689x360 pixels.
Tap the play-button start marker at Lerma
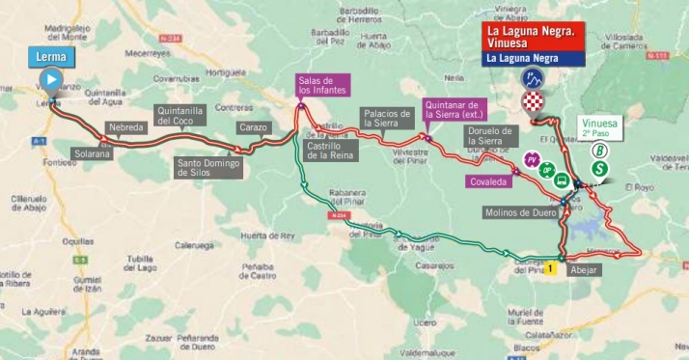(x=52, y=80)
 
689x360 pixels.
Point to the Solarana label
(x=92, y=152)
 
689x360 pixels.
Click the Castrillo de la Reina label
(x=330, y=150)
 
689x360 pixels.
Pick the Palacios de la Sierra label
(x=386, y=117)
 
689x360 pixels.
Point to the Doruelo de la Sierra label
(x=491, y=136)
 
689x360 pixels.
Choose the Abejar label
(x=585, y=270)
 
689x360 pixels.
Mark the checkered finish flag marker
(x=532, y=102)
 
